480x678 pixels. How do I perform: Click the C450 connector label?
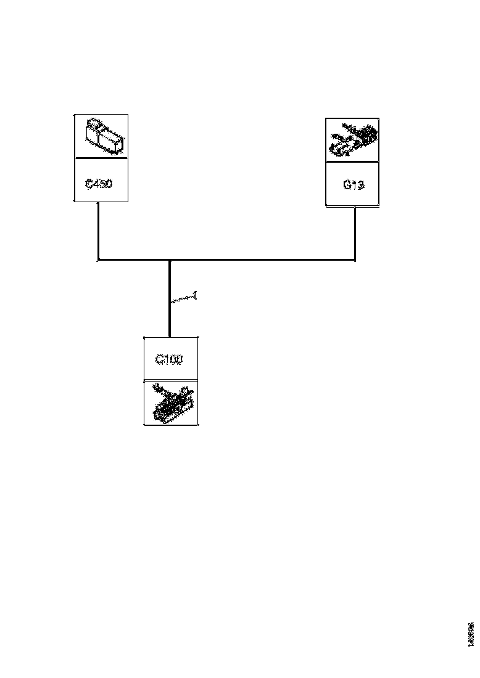coord(99,184)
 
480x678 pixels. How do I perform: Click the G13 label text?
coord(353,184)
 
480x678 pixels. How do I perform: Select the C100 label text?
coord(168,359)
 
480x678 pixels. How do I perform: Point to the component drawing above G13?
coord(352,140)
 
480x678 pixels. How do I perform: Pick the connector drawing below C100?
coord(171,403)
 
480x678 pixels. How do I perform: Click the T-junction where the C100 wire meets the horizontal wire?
coord(169,260)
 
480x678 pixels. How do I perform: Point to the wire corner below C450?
coord(99,260)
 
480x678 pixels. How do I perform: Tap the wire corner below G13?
coord(355,259)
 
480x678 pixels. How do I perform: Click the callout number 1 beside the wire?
coord(196,295)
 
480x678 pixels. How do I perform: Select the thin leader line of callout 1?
coord(182,300)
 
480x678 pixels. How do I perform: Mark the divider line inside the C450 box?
coord(101,158)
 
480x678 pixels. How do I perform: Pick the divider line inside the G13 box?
coord(352,163)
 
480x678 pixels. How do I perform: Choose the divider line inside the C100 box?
coord(171,380)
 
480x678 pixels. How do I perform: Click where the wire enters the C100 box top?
coord(169,337)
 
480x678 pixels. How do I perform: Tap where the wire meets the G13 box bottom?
coord(355,206)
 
